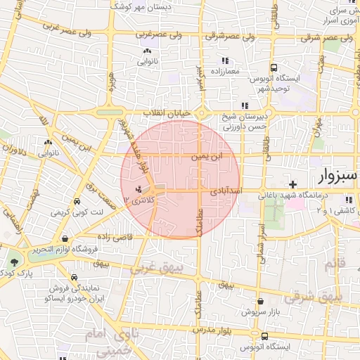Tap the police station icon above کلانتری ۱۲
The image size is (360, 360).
point(139,188)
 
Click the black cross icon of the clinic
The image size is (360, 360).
point(293,184)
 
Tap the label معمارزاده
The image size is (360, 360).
point(225,71)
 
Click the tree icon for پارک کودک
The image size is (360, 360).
point(13,262)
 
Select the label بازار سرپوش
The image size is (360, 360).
point(259,311)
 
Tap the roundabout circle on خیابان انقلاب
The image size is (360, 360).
point(201,112)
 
